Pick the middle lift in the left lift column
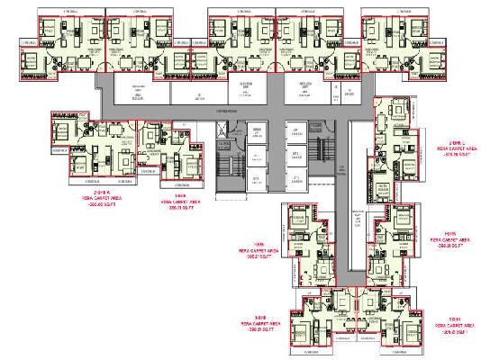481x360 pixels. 259,157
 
